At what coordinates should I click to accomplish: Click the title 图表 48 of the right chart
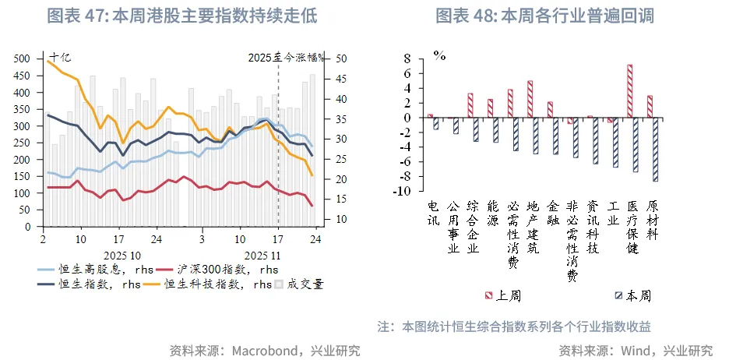click(544, 16)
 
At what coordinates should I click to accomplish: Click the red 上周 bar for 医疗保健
click(629, 91)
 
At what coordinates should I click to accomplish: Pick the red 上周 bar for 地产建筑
click(530, 99)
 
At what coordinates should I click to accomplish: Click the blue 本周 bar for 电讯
click(436, 123)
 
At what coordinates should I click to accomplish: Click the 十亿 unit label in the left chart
click(59, 56)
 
